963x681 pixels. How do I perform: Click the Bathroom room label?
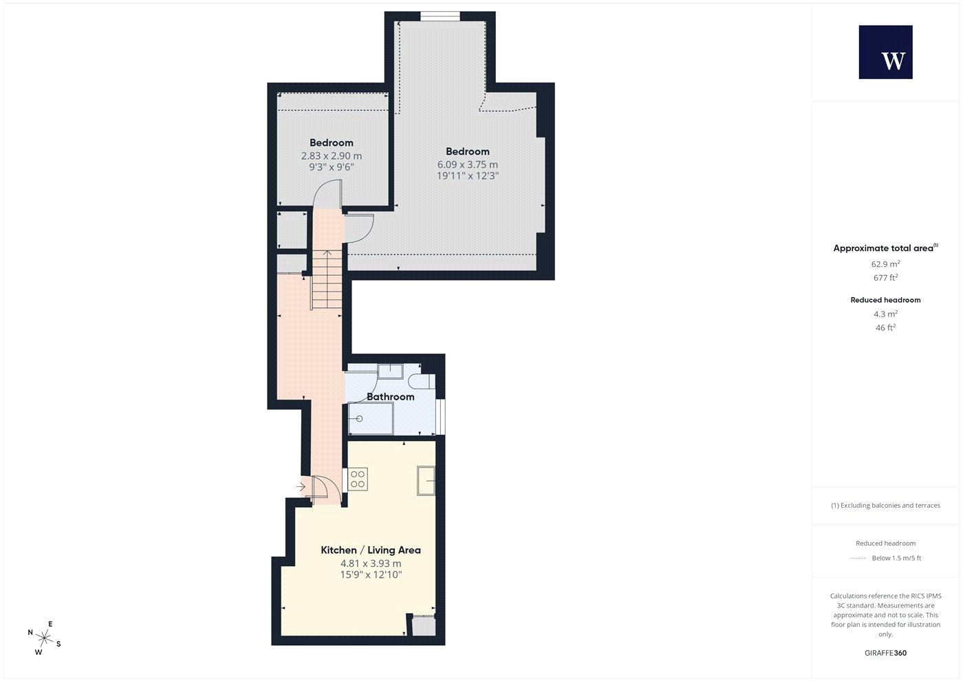click(391, 396)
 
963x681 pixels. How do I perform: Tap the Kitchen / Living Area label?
click(371, 550)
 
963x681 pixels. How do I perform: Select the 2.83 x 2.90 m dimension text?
click(332, 155)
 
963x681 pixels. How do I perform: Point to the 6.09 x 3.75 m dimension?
click(467, 164)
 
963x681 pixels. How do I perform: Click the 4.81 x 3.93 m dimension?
click(371, 563)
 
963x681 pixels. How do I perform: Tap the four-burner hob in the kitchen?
click(358, 479)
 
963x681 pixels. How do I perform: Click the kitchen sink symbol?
click(426, 481)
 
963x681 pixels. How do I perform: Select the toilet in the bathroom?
click(422, 381)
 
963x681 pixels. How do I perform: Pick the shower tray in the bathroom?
click(371, 418)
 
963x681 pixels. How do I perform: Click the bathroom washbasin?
click(391, 371)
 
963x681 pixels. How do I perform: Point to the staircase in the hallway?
click(327, 279)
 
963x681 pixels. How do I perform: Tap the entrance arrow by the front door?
click(301, 487)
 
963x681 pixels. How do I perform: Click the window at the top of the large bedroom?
click(440, 17)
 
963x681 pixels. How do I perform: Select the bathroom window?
click(440, 417)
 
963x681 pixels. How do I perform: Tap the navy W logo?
click(886, 52)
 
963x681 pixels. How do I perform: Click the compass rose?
click(44, 638)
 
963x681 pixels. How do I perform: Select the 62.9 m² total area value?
click(885, 264)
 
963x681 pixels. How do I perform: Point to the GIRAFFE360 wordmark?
click(886, 653)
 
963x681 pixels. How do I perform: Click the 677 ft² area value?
click(885, 278)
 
